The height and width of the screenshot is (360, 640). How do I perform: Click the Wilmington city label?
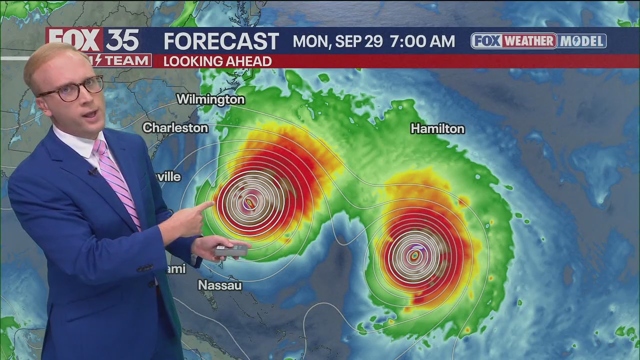point(210,99)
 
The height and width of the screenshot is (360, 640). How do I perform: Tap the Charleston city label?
point(175,128)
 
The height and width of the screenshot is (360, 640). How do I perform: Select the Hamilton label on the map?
point(437,129)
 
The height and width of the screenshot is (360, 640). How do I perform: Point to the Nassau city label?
point(220,285)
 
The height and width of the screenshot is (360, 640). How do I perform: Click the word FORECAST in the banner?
point(221,41)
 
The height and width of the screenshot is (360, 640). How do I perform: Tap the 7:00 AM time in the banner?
point(422,41)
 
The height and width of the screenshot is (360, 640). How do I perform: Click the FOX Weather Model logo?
point(538,41)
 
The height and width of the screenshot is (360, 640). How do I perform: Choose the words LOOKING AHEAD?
point(217,61)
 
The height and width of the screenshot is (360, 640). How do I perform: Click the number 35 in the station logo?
point(122,39)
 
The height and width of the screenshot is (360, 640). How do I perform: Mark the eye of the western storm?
point(250,202)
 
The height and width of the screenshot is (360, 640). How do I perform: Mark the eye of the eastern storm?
point(414,256)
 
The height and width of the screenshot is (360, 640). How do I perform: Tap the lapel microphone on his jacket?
point(92,172)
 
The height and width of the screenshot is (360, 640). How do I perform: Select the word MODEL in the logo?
point(582,41)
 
